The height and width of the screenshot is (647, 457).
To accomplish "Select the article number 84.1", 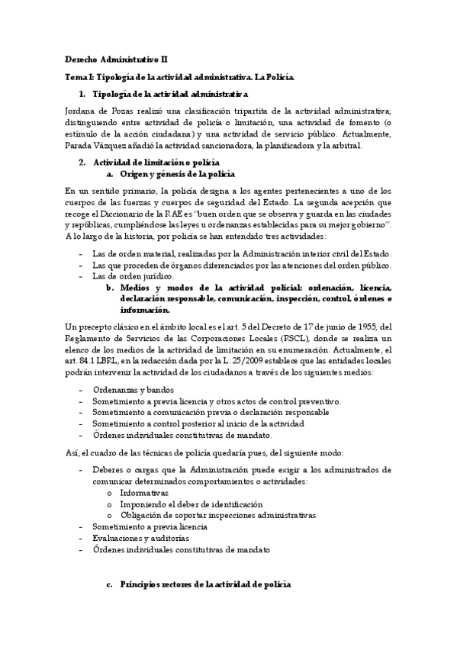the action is coord(85,361).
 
